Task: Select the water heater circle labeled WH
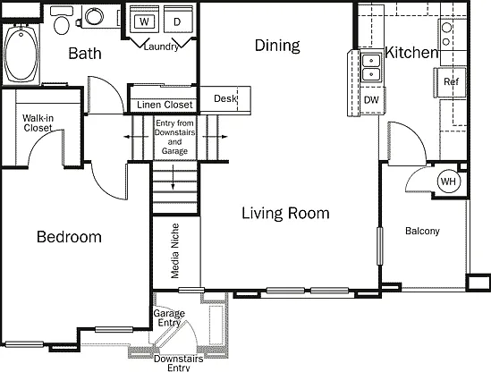click(449, 182)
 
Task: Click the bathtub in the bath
click(21, 54)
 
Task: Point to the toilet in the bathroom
click(62, 21)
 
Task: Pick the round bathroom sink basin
click(94, 16)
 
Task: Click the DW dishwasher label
click(371, 100)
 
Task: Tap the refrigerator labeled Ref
click(451, 82)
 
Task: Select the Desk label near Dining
click(225, 98)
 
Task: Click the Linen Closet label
click(165, 105)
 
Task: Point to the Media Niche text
click(175, 250)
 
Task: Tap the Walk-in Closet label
click(38, 123)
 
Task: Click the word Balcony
click(422, 231)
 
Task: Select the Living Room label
click(285, 213)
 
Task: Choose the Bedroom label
click(69, 237)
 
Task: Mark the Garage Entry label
click(169, 317)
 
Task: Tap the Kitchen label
click(411, 52)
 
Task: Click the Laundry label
click(161, 47)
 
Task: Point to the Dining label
click(277, 46)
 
